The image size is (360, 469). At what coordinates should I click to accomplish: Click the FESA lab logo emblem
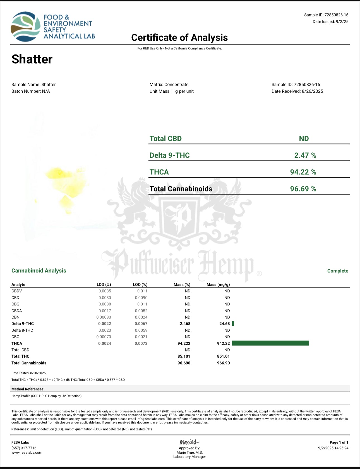[25, 27]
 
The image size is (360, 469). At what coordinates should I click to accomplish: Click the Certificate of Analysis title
[179, 38]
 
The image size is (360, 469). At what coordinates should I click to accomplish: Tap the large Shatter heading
[32, 59]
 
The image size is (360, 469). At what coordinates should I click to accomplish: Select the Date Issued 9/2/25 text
[330, 22]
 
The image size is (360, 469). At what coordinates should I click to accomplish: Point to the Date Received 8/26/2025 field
[297, 91]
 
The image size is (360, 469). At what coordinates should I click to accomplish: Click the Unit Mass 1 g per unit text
[171, 91]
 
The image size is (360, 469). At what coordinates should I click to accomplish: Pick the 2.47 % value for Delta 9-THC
[305, 155]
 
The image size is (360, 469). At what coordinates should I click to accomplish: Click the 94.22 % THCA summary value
[303, 172]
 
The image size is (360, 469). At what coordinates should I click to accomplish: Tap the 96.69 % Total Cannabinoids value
[303, 189]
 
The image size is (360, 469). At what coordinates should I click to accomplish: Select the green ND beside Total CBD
[304, 139]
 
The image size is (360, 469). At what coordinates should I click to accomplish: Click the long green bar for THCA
[270, 343]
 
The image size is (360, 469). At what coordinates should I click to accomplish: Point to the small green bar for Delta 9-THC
[233, 324]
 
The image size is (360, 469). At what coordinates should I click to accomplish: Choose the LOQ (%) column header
[140, 284]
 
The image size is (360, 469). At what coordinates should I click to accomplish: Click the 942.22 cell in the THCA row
[223, 343]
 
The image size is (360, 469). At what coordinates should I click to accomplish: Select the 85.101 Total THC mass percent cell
[184, 356]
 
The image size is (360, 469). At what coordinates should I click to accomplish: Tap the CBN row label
[15, 317]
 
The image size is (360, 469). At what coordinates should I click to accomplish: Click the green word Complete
[338, 271]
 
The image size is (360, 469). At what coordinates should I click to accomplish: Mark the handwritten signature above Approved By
[189, 442]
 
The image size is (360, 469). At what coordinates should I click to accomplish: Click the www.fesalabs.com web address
[27, 453]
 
